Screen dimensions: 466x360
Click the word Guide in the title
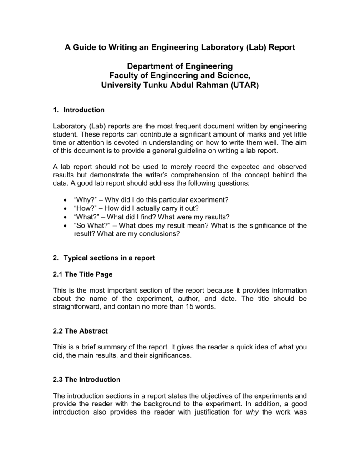coord(84,48)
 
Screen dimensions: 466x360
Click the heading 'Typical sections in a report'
coord(109,258)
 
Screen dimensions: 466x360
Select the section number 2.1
coord(59,274)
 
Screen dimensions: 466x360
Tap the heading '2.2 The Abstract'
coord(80,331)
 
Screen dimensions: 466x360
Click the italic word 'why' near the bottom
coord(252,412)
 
